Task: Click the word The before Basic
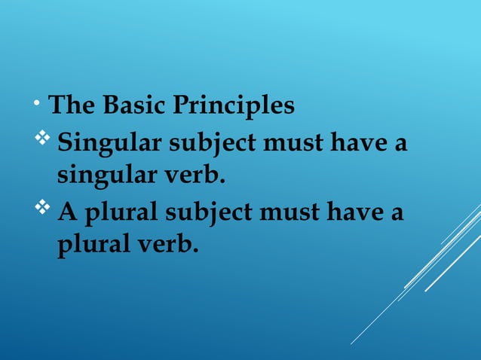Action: pyautogui.click(x=71, y=106)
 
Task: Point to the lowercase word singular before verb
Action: pyautogui.click(x=101, y=177)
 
